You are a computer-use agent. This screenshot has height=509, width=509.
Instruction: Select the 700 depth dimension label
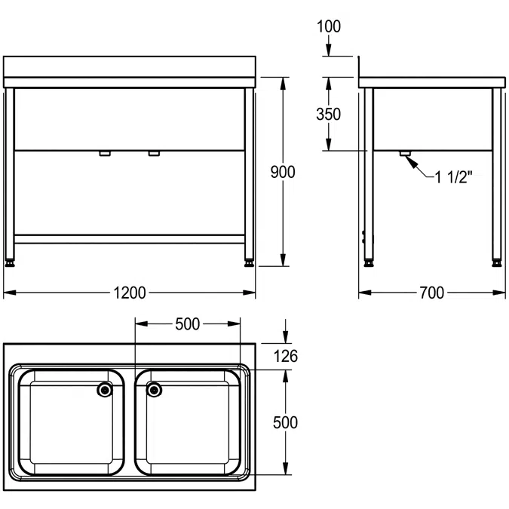[x=431, y=293]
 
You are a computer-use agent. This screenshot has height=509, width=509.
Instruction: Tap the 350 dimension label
[x=328, y=114]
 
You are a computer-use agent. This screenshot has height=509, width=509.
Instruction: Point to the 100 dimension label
[x=329, y=26]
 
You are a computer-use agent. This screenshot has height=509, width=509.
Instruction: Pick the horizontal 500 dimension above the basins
[x=187, y=324]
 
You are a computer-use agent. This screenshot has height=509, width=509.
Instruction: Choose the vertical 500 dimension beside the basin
[x=285, y=422]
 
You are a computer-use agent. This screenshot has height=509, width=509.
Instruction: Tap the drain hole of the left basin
[x=105, y=390]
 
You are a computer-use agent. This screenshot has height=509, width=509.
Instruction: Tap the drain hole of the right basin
[x=155, y=390]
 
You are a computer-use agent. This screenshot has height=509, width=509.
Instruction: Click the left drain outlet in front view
[x=105, y=154]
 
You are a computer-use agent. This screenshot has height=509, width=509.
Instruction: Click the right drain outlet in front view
[x=155, y=154]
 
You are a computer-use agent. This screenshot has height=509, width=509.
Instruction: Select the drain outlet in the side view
[x=405, y=154]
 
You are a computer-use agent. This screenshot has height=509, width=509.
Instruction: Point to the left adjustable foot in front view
[x=11, y=263]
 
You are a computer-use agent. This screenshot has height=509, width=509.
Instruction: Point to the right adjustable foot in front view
[x=249, y=263]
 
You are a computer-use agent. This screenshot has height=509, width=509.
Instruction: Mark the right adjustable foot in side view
[x=497, y=263]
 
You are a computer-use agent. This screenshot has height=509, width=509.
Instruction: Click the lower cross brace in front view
[x=130, y=238]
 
